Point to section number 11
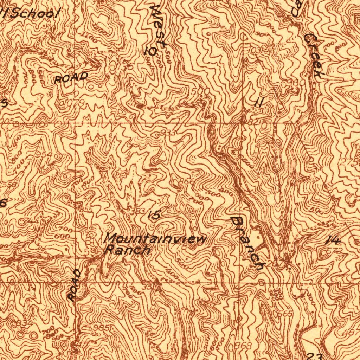coord(259,102)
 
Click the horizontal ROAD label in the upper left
coord(71,78)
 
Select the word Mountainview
coord(156,239)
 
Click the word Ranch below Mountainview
coord(128,250)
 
